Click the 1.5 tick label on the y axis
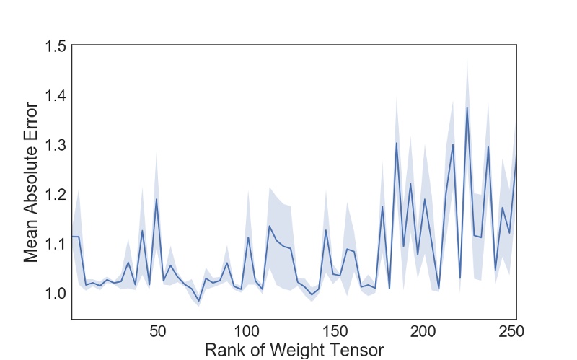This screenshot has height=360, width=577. point(53,46)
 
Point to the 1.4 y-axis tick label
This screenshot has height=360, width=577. point(53,95)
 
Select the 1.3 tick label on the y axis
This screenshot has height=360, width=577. point(53,145)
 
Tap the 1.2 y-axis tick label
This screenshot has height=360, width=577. point(53,194)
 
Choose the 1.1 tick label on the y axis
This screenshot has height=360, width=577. point(53,244)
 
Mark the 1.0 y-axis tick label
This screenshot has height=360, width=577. point(53,293)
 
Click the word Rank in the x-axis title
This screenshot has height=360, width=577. point(225,351)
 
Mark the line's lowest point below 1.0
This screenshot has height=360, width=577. point(198,301)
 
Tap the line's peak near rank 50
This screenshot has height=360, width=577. point(157,198)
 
